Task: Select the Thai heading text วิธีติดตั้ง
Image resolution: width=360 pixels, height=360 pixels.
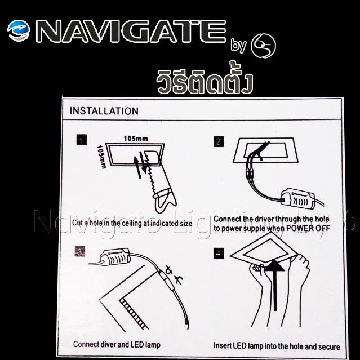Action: [203, 82]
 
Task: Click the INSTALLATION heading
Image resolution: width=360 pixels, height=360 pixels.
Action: [104, 111]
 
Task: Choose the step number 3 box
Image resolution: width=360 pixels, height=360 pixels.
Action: [81, 251]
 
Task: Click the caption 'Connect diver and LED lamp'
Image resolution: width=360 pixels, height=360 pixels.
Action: [117, 344]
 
